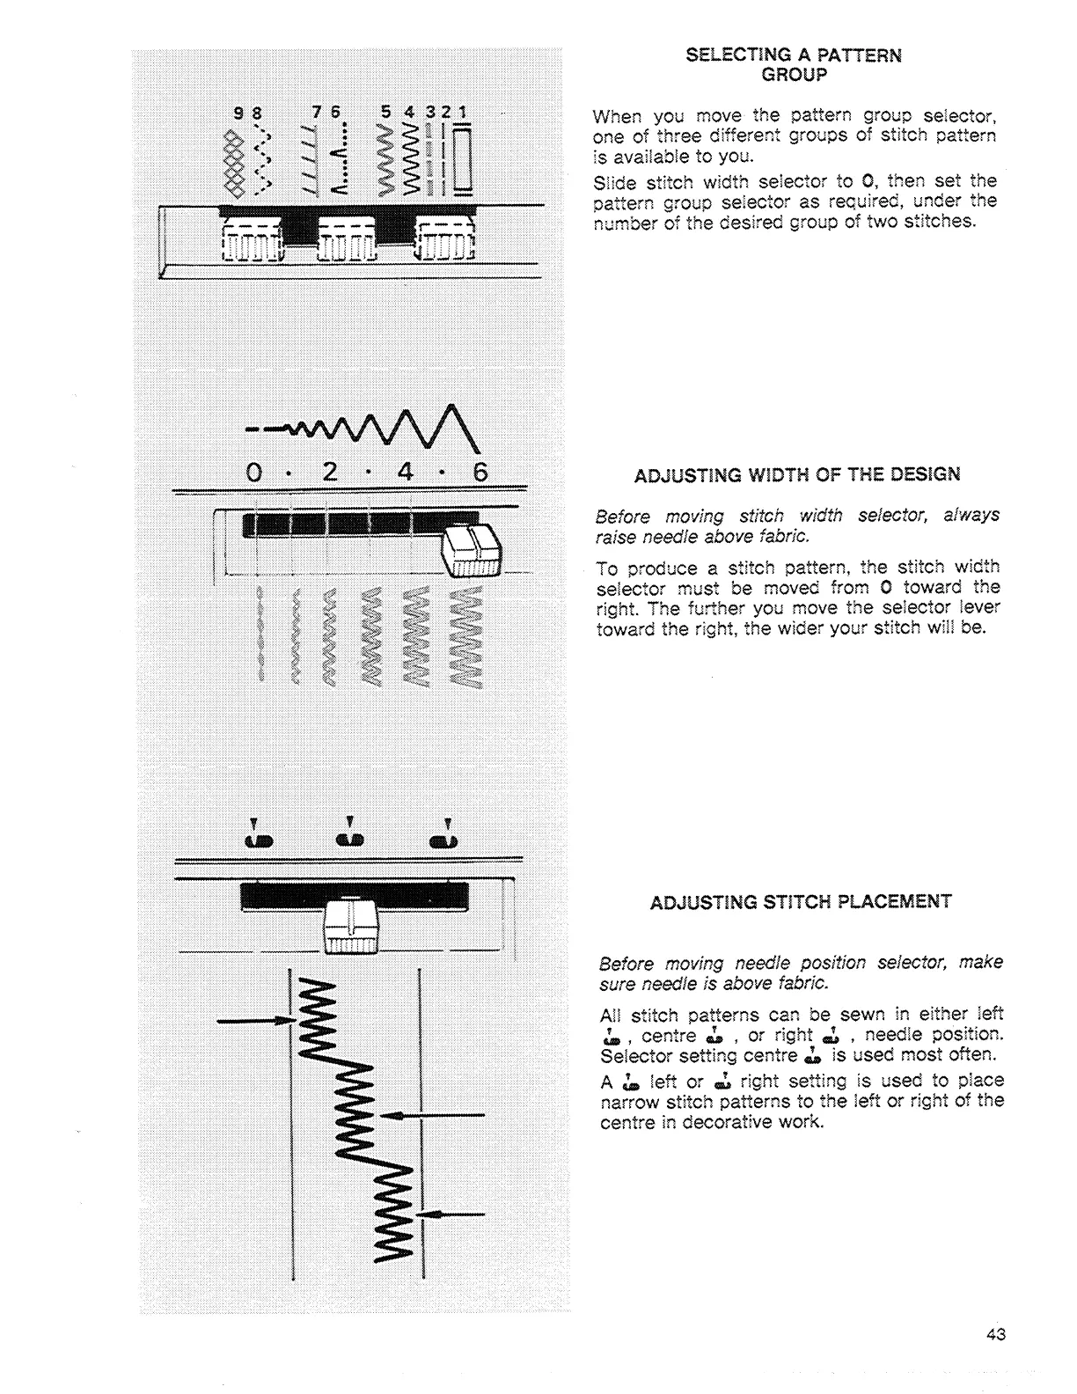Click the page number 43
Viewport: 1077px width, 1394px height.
pos(996,1334)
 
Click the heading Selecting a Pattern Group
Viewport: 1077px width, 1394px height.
pos(794,64)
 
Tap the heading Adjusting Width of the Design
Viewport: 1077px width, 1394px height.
pos(797,475)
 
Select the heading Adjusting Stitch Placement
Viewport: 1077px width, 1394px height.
pos(801,902)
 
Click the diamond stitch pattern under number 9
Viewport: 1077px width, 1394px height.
pos(234,160)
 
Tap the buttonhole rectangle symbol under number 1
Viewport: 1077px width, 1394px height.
pos(462,158)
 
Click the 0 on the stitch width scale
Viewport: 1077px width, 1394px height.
pos(253,472)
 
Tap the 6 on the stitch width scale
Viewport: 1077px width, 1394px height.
pos(480,472)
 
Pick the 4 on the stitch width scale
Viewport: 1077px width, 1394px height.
pos(405,472)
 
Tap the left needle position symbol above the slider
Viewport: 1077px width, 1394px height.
pos(254,840)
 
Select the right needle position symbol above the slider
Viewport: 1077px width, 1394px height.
pos(445,840)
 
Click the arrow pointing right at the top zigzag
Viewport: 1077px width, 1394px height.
pos(255,1020)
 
